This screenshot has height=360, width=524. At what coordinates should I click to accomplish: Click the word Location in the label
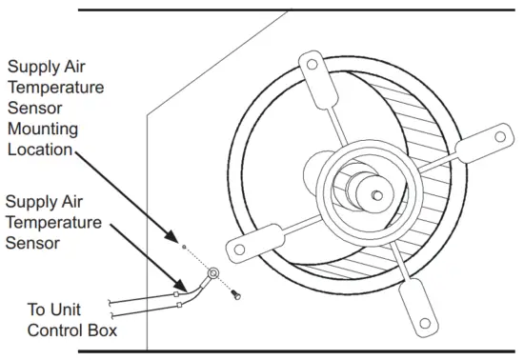[39, 149]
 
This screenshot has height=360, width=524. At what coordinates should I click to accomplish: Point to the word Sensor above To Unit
[31, 243]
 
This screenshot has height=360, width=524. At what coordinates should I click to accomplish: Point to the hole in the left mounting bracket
[232, 251]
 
